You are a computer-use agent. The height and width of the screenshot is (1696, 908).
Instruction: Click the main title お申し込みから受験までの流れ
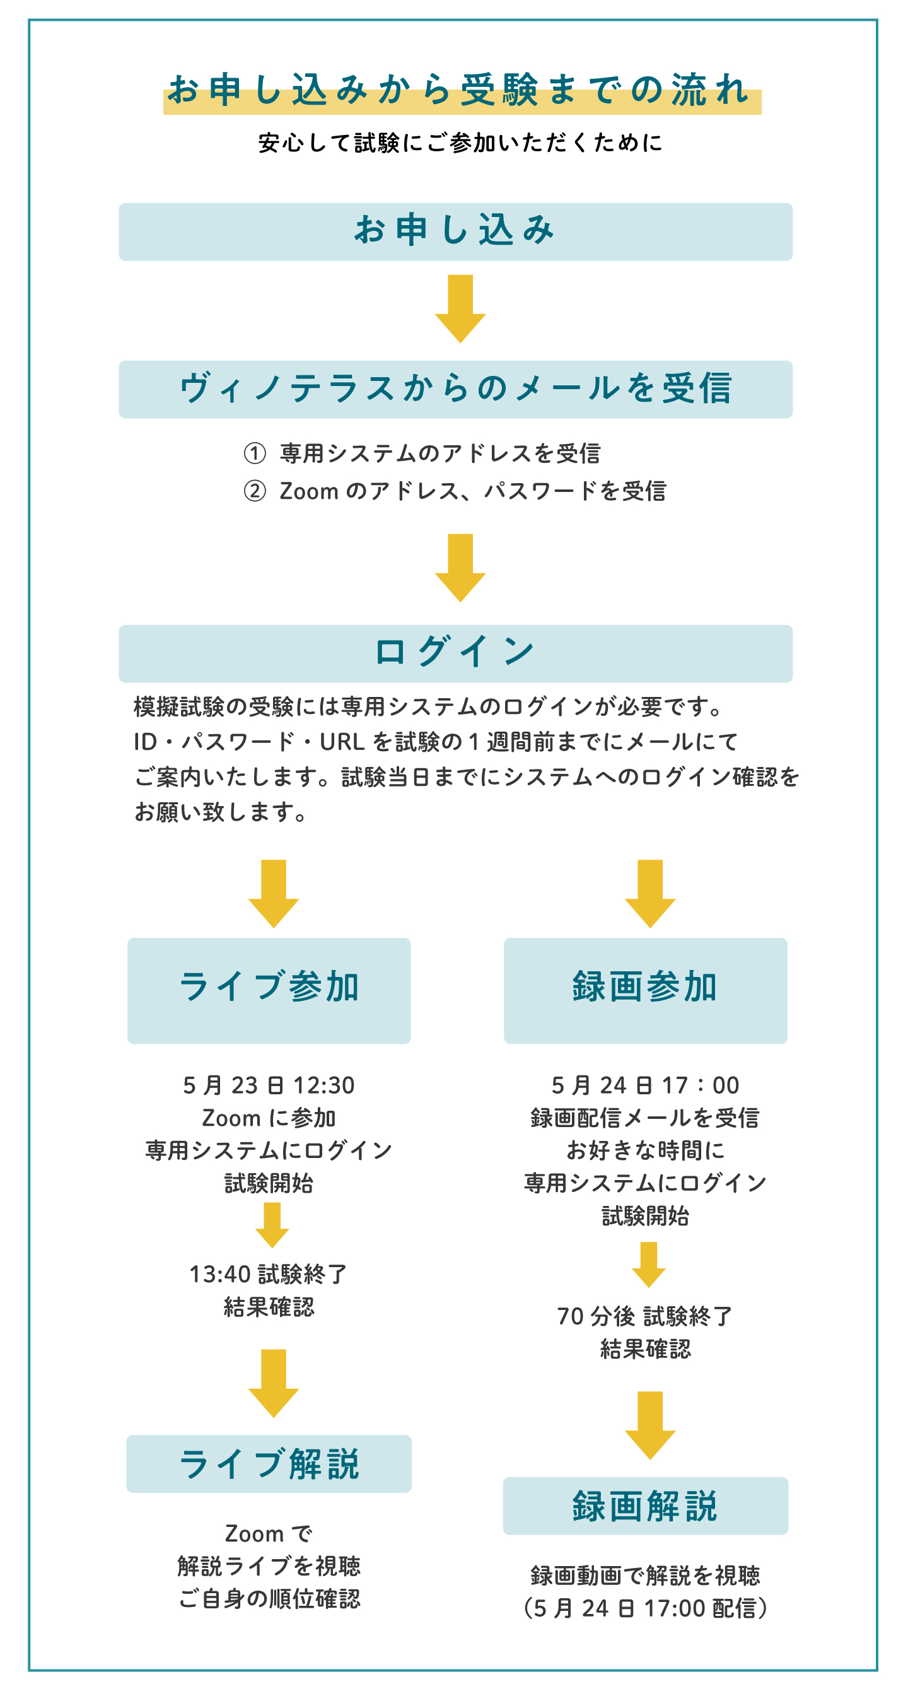(459, 90)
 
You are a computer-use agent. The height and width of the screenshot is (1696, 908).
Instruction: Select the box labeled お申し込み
(456, 231)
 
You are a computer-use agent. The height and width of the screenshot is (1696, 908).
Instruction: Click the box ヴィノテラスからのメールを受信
(456, 389)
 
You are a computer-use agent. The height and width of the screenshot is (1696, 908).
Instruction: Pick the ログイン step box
(456, 653)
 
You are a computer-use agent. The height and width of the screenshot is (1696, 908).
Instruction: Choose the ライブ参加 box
(269, 990)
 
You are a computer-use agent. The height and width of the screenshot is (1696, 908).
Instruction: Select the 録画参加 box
(645, 990)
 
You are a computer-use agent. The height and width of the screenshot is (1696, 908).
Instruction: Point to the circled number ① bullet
(255, 453)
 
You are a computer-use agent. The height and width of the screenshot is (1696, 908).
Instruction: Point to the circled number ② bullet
(255, 491)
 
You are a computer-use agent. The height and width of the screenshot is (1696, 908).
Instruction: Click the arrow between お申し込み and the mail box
(460, 308)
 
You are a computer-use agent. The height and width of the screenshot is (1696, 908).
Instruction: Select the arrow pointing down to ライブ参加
(273, 894)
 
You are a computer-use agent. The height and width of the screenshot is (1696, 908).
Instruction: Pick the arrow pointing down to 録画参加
(650, 894)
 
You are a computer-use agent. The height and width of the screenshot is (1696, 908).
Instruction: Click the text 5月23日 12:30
(269, 1085)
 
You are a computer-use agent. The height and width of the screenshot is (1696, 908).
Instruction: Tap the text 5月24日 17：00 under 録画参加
(645, 1085)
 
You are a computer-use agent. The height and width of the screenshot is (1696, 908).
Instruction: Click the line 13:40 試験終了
(268, 1274)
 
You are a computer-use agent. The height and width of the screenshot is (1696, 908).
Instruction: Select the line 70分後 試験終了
(645, 1316)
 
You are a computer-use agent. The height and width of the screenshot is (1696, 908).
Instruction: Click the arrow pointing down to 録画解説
(650, 1425)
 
